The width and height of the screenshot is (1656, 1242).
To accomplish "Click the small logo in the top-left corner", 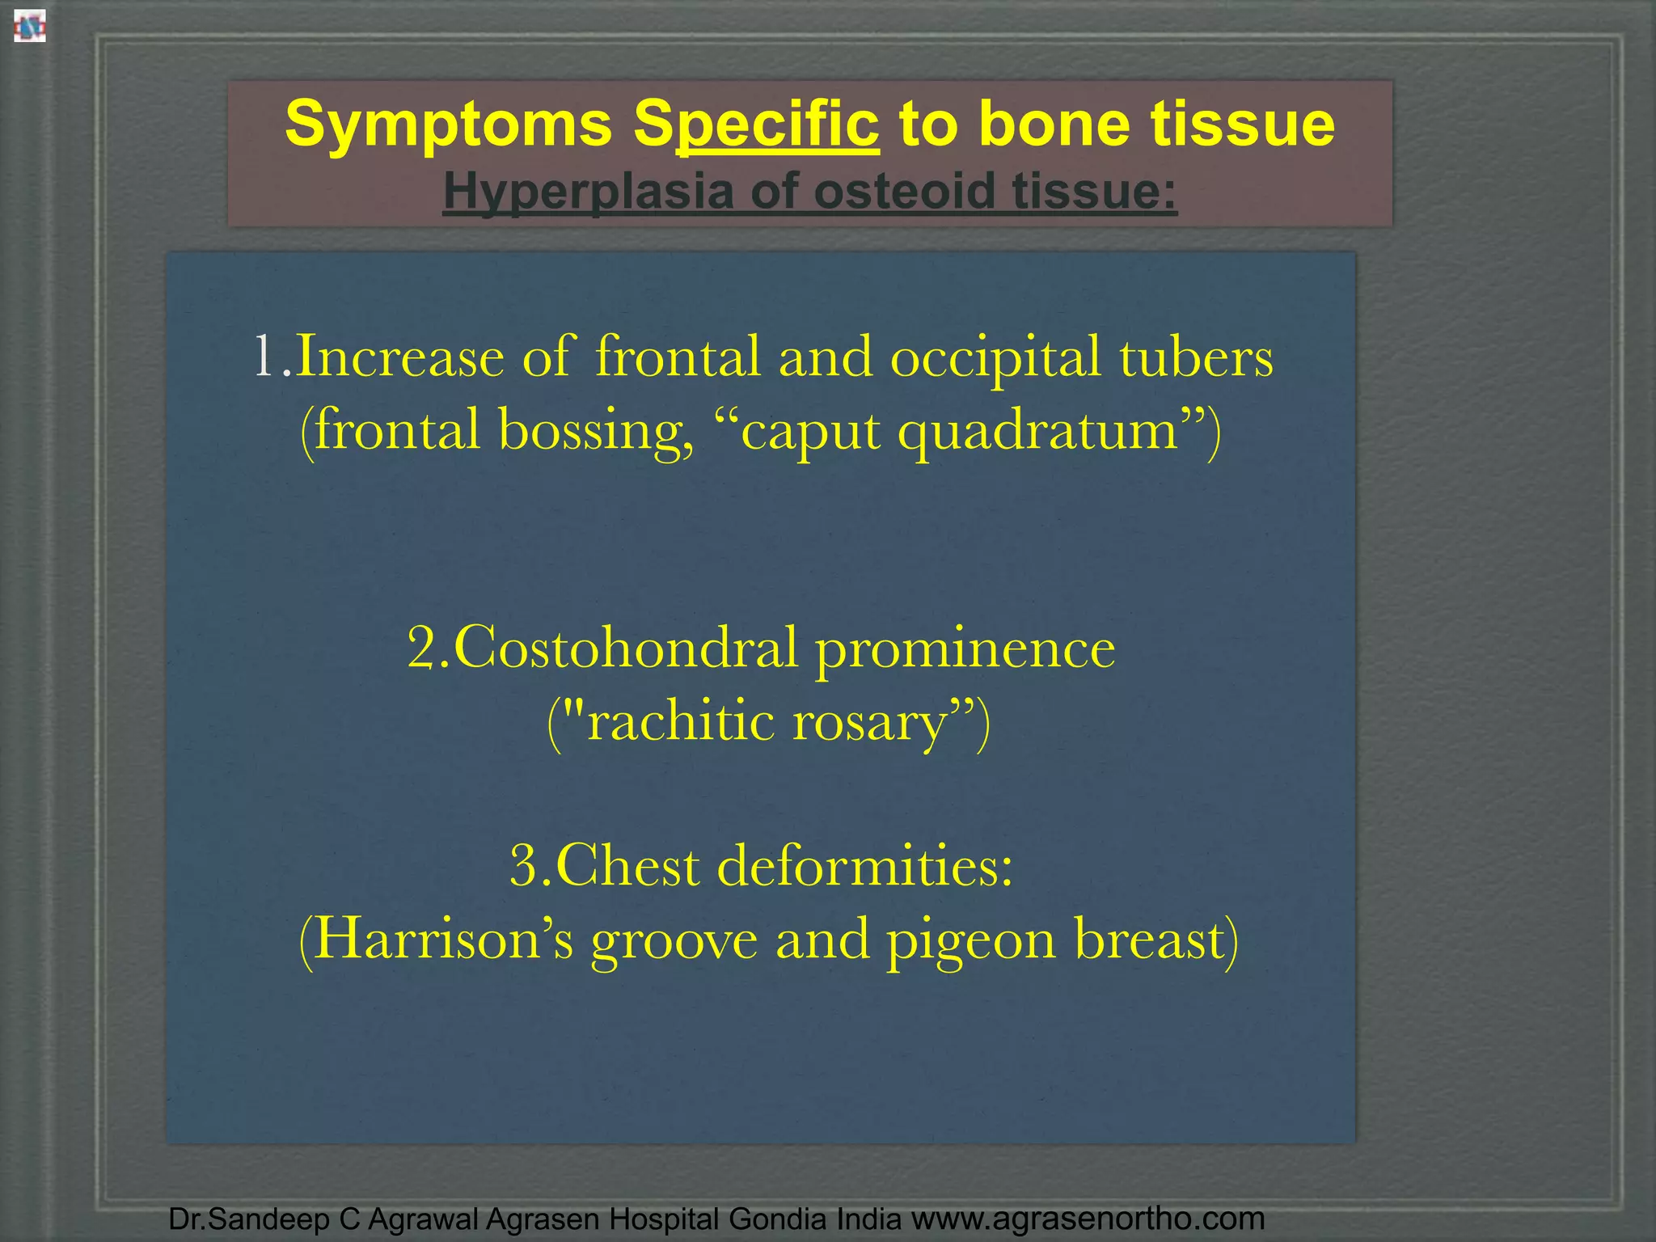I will point(29,27).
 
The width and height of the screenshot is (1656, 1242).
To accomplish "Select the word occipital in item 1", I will point(995,357).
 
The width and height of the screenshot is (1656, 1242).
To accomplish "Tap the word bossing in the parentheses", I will point(595,431).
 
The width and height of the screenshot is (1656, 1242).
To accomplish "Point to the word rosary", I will point(869,720).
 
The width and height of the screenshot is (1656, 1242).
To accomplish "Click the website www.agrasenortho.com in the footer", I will point(1088,1219).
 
